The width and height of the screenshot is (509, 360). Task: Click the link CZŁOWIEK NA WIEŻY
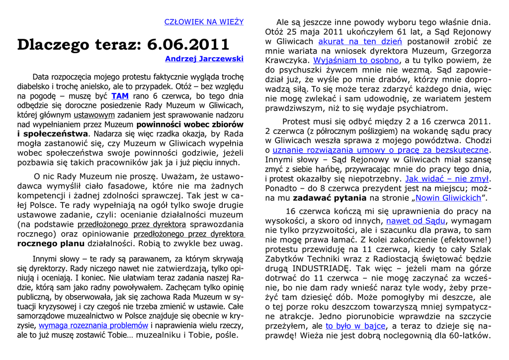point(204,22)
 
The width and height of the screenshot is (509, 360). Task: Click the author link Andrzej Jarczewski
point(204,59)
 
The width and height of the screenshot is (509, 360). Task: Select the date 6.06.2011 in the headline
point(188,44)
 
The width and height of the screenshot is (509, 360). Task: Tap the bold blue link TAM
point(120,96)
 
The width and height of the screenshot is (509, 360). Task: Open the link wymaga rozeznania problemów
point(93,326)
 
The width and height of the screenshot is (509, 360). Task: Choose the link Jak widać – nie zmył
point(447,179)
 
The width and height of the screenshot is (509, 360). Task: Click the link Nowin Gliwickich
point(448,198)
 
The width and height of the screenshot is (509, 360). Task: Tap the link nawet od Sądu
point(416,221)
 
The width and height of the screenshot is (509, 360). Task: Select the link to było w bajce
point(355,326)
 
